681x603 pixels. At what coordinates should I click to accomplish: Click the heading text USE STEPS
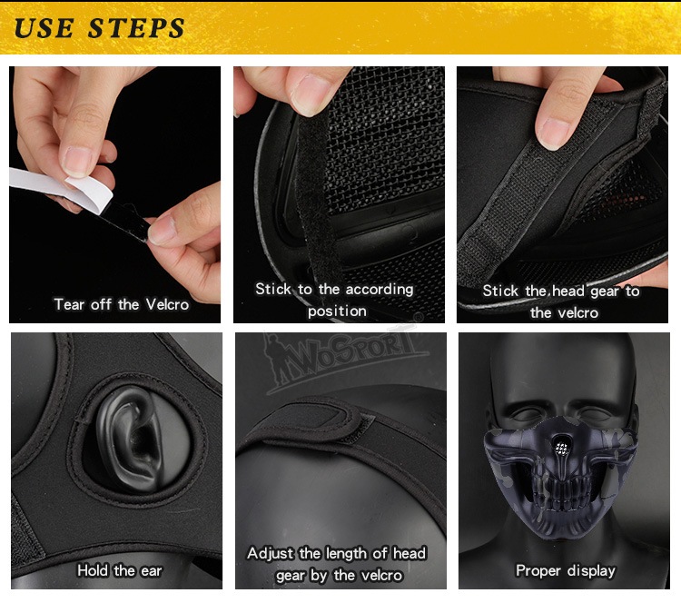pos(99,28)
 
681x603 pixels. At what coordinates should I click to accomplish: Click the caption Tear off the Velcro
pos(122,304)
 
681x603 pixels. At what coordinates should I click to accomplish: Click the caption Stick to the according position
pos(334,301)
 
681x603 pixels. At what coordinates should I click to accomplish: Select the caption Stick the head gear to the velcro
pos(561,301)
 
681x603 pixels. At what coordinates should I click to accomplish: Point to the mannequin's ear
pos(130,438)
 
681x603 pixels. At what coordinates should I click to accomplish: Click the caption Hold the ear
pos(120,570)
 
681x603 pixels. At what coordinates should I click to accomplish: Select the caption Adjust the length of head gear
pos(337,564)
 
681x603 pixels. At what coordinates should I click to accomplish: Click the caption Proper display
pos(566,570)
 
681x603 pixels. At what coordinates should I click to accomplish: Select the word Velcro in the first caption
pos(167,304)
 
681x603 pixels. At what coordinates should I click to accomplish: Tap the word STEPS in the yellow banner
pos(136,28)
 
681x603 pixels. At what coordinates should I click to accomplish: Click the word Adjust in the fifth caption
pos(271,553)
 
